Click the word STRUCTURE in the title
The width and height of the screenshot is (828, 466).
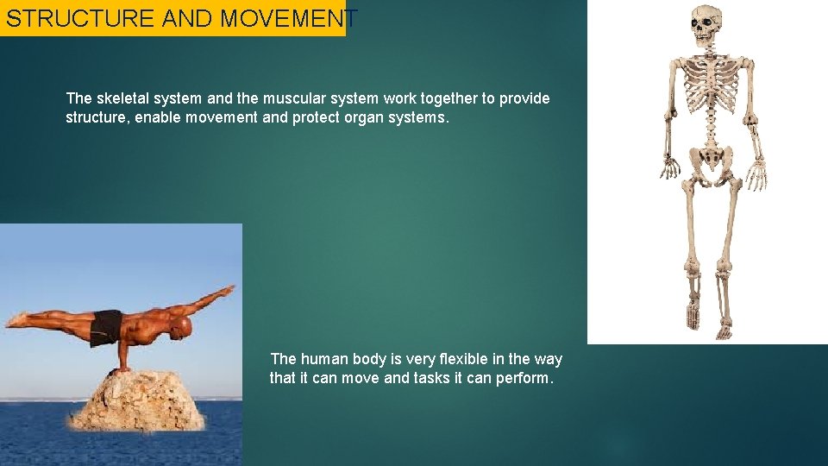pyautogui.click(x=80, y=18)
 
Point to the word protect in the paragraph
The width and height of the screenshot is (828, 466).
pyautogui.click(x=317, y=117)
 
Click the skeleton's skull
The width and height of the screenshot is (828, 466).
pyautogui.click(x=706, y=25)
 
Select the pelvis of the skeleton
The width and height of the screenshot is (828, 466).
pyautogui.click(x=712, y=161)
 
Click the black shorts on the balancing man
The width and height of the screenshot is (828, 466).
pyautogui.click(x=106, y=326)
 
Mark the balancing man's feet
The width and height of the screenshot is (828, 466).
pyautogui.click(x=15, y=319)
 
